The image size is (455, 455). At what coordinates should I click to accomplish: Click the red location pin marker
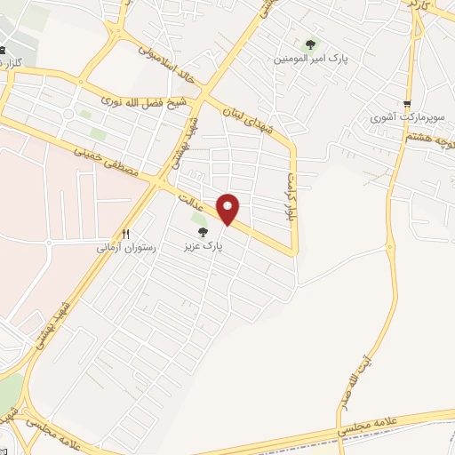[x=228, y=209]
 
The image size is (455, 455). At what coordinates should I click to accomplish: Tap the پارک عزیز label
[x=203, y=243]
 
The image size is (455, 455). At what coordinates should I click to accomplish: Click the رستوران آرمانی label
[x=126, y=248]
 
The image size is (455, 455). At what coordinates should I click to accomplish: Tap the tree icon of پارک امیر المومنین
[x=310, y=44]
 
